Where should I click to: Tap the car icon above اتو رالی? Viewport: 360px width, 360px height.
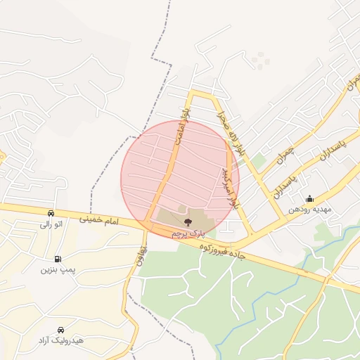(51, 213)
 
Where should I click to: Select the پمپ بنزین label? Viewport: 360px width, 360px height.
(57, 269)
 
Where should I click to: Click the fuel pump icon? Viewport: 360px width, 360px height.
(57, 258)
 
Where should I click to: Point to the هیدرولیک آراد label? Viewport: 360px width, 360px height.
(61, 340)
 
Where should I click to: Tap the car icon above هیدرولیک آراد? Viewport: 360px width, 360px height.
(61, 329)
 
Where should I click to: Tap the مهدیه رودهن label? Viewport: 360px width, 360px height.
(309, 210)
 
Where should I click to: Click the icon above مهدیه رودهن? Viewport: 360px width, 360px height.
(309, 199)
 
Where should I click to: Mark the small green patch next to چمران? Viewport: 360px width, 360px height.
(259, 162)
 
